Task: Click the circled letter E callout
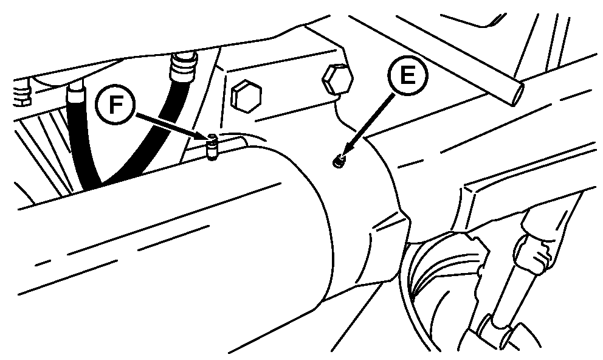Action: click(x=408, y=75)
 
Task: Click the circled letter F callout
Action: click(x=115, y=104)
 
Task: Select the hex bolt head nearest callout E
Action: click(x=337, y=80)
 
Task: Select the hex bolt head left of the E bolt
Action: click(x=246, y=96)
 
